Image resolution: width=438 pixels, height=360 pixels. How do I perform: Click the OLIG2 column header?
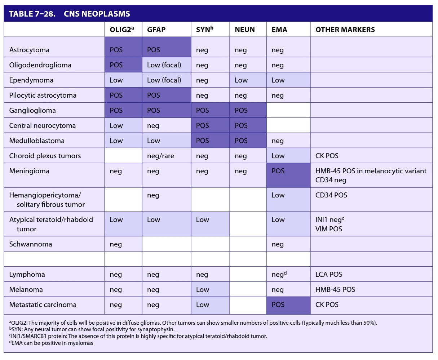click(x=122, y=29)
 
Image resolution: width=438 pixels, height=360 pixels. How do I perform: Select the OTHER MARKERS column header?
click(x=345, y=30)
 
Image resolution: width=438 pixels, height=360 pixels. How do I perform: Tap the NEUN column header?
click(x=245, y=30)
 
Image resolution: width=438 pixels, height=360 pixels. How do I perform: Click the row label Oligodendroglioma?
click(x=40, y=65)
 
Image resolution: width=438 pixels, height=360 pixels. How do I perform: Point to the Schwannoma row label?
click(x=31, y=244)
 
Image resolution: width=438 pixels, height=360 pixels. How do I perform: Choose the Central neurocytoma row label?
click(x=43, y=125)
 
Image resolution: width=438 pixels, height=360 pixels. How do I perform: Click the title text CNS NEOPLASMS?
click(x=97, y=14)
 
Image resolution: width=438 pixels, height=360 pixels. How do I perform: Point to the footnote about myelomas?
click(x=51, y=343)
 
